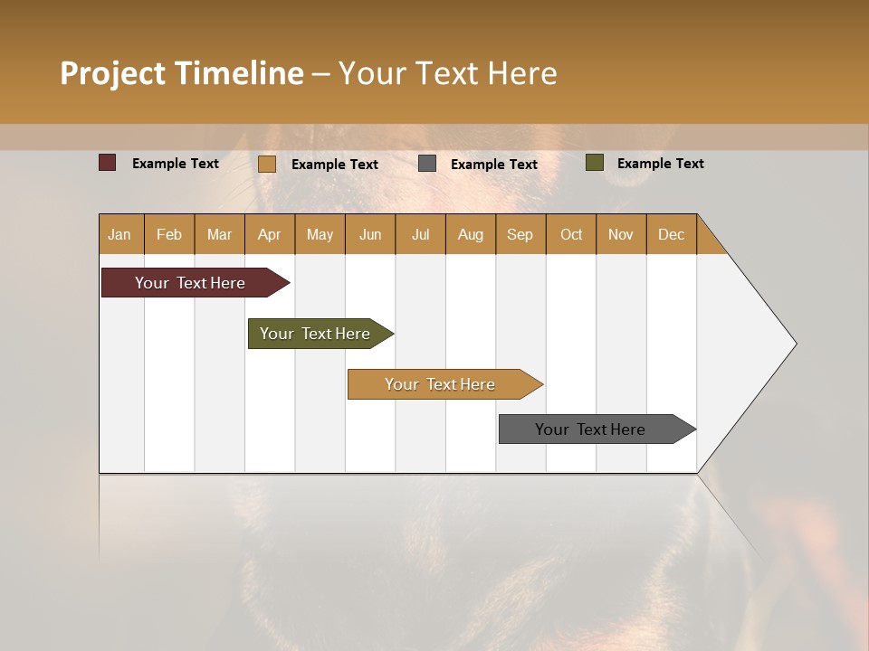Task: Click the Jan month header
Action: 119,234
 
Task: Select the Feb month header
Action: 169,234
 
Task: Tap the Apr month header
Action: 269,234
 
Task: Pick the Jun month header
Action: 370,234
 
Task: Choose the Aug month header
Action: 471,234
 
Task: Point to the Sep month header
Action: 520,234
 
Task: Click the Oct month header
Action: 571,234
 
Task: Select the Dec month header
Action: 672,234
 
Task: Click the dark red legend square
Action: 108,163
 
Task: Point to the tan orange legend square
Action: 267,164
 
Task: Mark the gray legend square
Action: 427,164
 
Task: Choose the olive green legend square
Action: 595,163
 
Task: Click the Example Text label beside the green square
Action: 660,164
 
